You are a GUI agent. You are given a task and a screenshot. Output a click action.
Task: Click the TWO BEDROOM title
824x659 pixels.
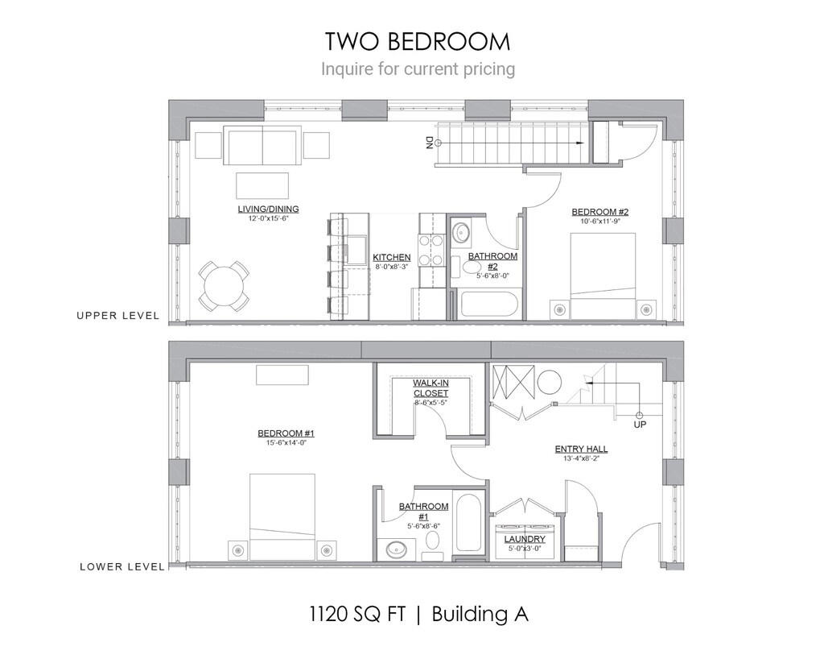point(418,41)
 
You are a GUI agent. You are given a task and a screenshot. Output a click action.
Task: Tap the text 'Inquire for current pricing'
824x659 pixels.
point(418,69)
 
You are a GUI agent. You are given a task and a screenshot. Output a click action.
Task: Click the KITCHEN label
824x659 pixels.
point(392,257)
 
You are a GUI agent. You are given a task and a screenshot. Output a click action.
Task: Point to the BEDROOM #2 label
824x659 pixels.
point(599,212)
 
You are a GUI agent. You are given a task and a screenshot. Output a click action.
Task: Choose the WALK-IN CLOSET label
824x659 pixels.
point(431,388)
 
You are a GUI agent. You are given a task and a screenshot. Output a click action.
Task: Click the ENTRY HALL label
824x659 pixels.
point(581,449)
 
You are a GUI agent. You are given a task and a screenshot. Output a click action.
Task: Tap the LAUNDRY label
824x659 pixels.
point(525,539)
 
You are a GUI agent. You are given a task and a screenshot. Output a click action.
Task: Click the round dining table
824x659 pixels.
point(224,286)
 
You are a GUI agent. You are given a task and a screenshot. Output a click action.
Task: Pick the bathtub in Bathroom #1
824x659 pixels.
point(468,521)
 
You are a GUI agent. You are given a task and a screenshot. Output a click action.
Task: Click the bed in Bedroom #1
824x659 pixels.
point(282,516)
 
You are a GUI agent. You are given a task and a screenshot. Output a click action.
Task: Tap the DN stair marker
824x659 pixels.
point(429,143)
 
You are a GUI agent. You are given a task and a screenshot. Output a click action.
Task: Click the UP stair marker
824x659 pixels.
point(640,424)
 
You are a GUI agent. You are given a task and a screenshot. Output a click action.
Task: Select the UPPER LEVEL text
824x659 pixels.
point(117,315)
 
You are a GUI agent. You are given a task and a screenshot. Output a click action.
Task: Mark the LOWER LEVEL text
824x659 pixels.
point(122,566)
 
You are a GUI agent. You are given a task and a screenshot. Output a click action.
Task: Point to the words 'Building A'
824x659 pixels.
point(480,614)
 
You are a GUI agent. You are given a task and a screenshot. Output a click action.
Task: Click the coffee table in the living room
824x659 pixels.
point(262,185)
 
